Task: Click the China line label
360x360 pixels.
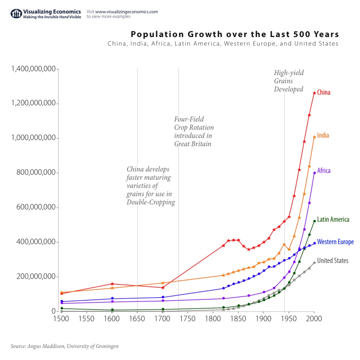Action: coord(323,93)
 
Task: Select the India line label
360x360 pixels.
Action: coord(323,136)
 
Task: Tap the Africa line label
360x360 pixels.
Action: coord(324,171)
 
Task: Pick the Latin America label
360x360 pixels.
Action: coord(333,219)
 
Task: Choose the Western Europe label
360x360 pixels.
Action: coord(335,242)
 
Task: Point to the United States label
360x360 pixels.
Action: coord(332,261)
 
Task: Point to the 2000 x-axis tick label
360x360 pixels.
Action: coord(314,319)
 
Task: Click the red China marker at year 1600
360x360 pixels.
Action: coord(112,284)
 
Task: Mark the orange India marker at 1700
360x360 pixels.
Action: coord(163,283)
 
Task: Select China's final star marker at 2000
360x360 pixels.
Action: coord(314,93)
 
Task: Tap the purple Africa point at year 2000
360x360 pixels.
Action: coord(314,173)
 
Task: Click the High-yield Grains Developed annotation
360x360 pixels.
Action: coord(289,81)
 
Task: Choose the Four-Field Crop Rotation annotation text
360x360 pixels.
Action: coord(194,131)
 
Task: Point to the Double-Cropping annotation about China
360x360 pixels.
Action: coord(150,186)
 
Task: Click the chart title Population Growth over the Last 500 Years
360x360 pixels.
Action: coord(234,35)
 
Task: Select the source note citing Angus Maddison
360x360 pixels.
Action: coord(64,346)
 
